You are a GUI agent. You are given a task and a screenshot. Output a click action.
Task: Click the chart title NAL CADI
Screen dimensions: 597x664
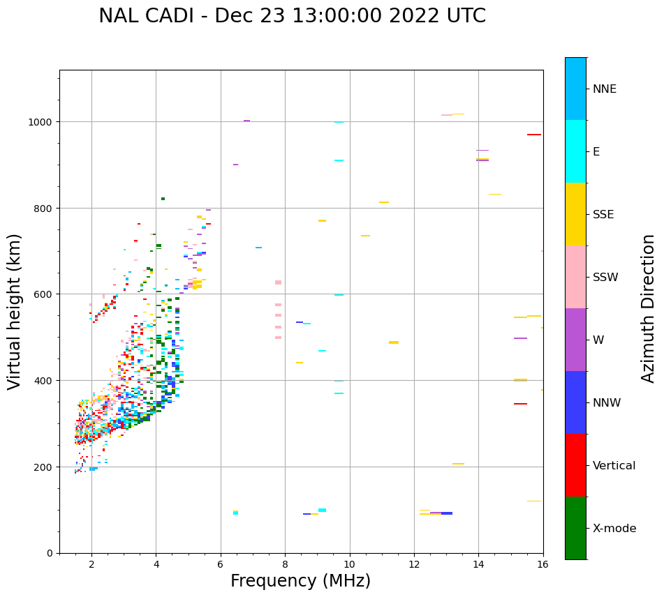[292, 16]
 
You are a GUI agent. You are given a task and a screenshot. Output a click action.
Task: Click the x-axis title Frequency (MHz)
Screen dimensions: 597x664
[300, 581]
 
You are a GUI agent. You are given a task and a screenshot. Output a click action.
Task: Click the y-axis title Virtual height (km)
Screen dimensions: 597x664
[15, 311]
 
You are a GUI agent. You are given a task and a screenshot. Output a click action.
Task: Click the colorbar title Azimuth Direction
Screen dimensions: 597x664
[649, 308]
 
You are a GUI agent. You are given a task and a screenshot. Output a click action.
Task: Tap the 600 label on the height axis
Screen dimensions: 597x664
[45, 294]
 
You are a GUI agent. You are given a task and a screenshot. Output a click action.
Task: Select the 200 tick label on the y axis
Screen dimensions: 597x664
[45, 467]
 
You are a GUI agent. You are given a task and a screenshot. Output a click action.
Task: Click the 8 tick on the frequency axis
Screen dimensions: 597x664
[285, 565]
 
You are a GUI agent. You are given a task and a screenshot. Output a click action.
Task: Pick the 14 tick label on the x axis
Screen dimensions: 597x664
[478, 565]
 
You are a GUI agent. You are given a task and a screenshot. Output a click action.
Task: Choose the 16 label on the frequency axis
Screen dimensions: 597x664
[543, 565]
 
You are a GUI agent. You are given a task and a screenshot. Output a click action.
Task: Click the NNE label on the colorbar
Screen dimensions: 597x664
[605, 89]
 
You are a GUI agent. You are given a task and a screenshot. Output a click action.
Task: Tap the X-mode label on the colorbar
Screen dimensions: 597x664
[614, 528]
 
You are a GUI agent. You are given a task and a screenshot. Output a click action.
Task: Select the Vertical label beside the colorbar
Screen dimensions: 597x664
[614, 465]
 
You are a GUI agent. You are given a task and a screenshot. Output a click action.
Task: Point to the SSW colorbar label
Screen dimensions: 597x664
[605, 277]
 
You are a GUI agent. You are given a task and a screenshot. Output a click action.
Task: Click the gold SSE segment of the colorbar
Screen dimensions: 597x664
[575, 214]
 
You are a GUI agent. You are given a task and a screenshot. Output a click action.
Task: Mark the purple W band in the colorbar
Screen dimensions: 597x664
[575, 340]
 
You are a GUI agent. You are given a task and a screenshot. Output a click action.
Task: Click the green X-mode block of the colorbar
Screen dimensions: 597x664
[575, 528]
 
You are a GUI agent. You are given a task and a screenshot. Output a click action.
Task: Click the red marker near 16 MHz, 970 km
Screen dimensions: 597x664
[534, 135]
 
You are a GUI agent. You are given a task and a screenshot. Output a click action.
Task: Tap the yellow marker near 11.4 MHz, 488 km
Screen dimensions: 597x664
[394, 342]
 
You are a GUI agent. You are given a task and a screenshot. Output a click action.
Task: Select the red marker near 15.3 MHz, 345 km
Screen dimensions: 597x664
[520, 404]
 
